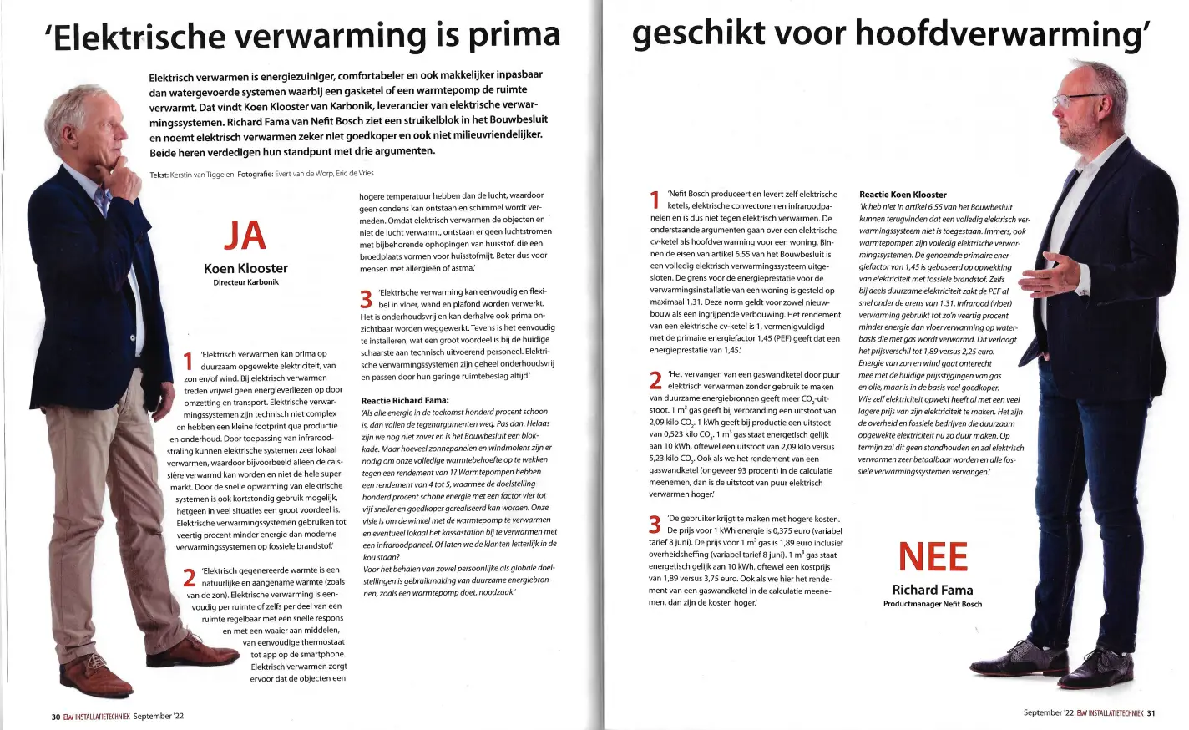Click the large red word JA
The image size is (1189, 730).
pos(245,236)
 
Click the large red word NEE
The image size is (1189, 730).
pos(932,557)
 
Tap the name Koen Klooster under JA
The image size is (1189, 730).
pos(245,268)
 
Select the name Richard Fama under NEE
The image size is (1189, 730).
pos(932,590)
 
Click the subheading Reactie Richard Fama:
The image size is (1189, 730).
pos(405,400)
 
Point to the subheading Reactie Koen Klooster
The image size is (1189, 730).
pos(903,195)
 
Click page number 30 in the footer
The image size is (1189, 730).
pos(56,717)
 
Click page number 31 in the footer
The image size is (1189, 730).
pos(1150,713)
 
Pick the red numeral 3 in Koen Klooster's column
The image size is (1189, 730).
pos(366,299)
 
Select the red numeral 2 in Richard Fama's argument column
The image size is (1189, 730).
pos(656,381)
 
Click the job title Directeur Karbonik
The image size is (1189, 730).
pos(245,282)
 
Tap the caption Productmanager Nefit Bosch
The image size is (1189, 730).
pos(932,604)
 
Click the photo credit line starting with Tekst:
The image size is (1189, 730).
pos(261,174)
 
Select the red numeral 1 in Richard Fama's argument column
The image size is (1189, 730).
pos(655,200)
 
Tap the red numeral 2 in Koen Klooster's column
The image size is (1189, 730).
pos(190,577)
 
